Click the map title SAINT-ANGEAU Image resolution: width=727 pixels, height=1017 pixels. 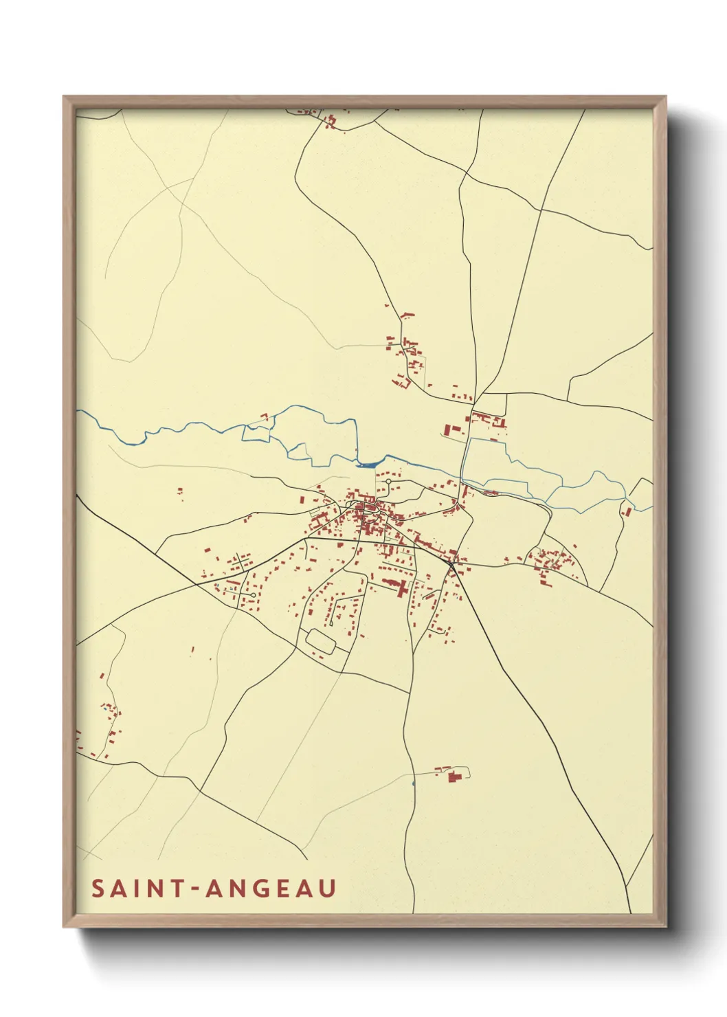(x=214, y=888)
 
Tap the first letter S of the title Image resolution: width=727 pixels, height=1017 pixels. (x=98, y=888)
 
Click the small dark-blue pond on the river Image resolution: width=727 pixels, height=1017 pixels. (x=367, y=464)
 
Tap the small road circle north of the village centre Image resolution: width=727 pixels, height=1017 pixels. (x=388, y=482)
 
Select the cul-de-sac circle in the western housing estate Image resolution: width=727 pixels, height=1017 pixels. (x=254, y=594)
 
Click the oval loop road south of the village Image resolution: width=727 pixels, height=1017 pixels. (x=320, y=640)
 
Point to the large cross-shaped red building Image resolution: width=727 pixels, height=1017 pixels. (x=401, y=588)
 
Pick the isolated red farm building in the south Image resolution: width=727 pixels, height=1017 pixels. (x=454, y=776)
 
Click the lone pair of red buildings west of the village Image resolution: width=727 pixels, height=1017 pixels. (x=180, y=491)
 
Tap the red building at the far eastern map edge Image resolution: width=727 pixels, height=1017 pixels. (x=626, y=510)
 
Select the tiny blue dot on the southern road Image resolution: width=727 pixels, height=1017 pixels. (x=413, y=782)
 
